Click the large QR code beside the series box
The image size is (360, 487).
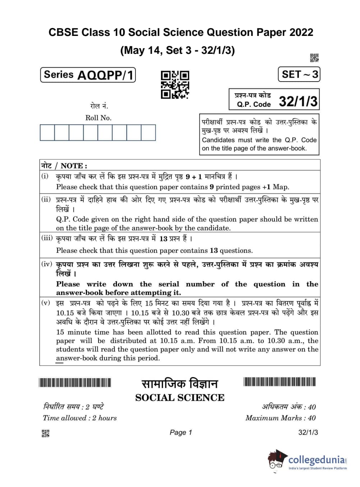tap(175, 85)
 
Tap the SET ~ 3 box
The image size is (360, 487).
tap(299, 74)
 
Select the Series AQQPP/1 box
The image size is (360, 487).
tap(88, 75)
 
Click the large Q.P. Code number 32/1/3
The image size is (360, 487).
tap(298, 102)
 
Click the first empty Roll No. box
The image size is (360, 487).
tap(47, 133)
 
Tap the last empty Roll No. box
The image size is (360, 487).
tap(148, 133)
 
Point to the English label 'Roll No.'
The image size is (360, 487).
tap(98, 118)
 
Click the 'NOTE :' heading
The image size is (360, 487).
tap(74, 166)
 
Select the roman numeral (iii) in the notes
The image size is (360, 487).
tap(47, 238)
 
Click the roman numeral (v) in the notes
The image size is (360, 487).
tap(46, 302)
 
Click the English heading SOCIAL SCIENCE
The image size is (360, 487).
tap(180, 398)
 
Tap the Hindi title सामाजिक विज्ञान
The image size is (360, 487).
tap(180, 384)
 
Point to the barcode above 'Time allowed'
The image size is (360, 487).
tap(75, 382)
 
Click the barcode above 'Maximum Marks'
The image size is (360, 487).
tap(280, 381)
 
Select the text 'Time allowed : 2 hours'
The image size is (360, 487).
tap(80, 418)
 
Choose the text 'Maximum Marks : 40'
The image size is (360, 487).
tap(280, 418)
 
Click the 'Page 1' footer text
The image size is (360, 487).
tap(181, 432)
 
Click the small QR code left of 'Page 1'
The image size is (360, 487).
tap(46, 433)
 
